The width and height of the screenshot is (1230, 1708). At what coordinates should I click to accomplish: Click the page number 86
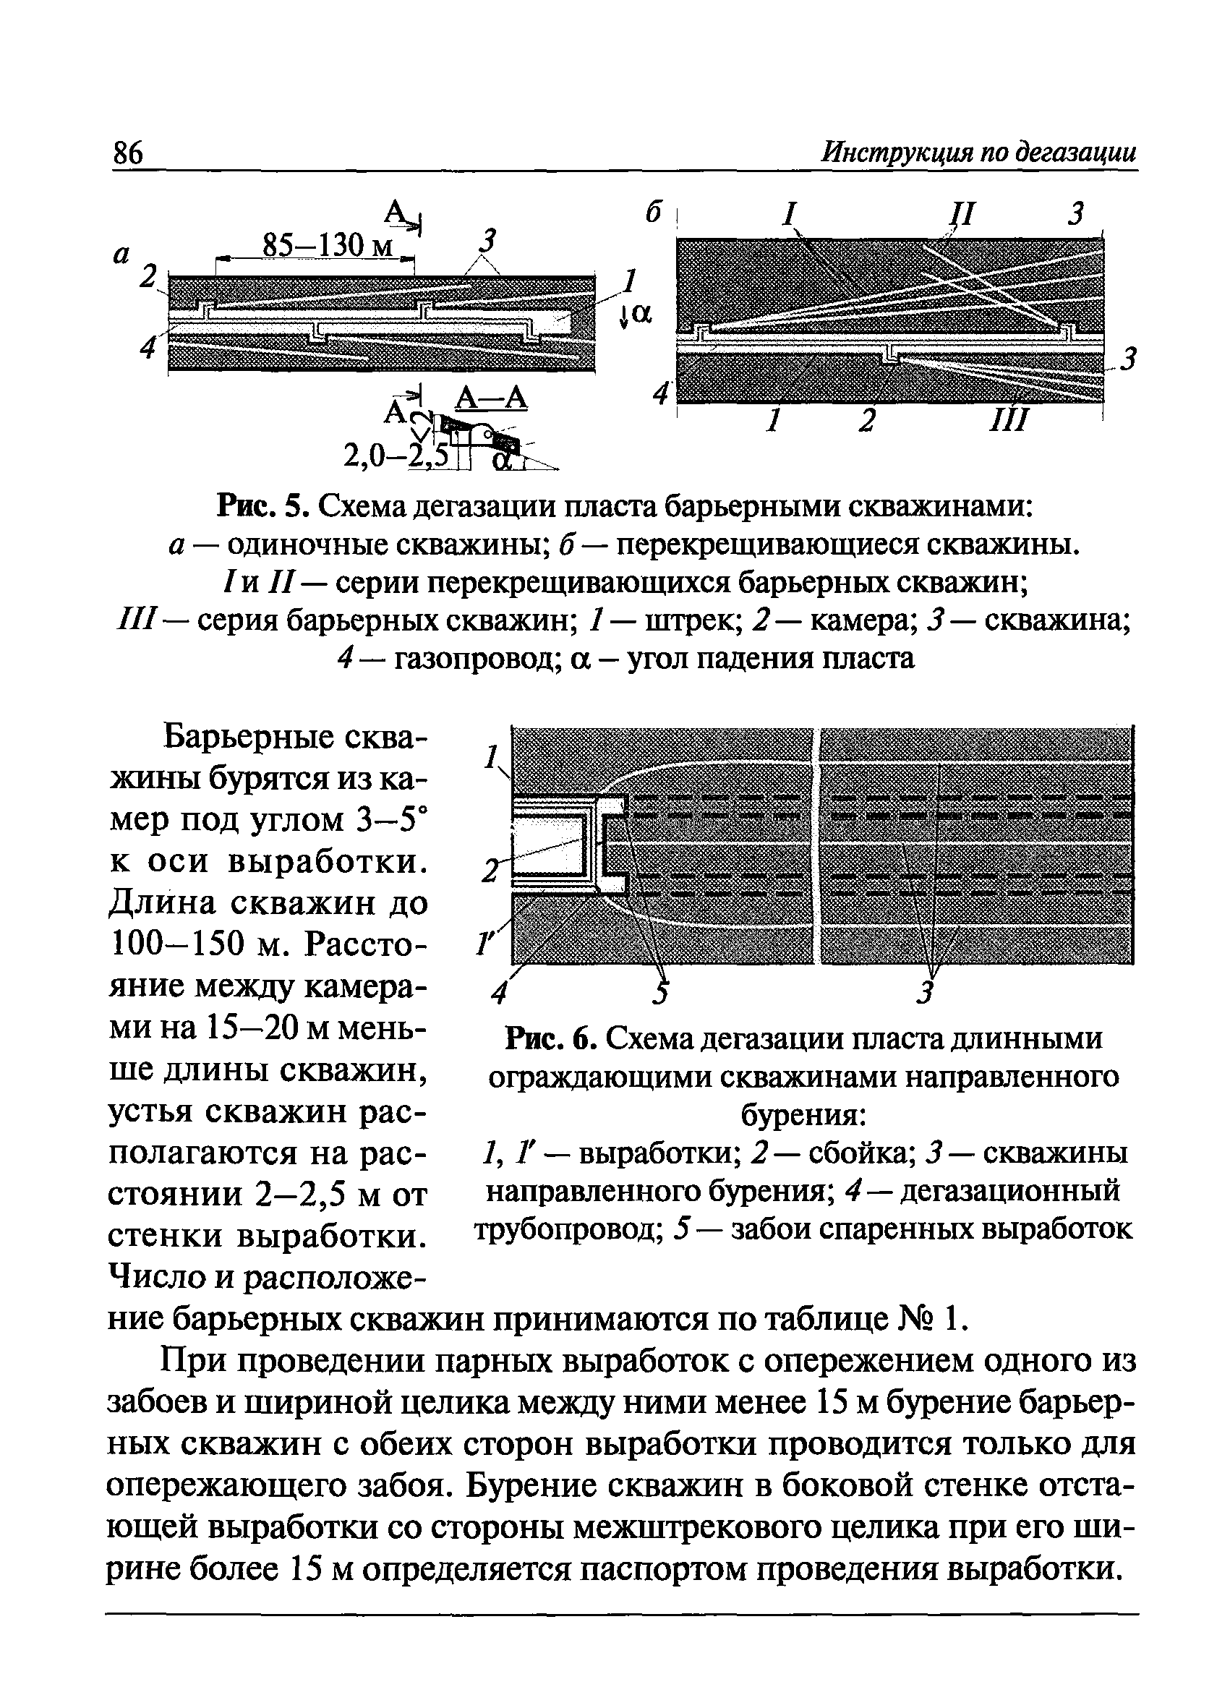pyautogui.click(x=127, y=153)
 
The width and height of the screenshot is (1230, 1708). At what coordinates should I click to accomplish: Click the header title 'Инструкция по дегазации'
pyautogui.click(x=978, y=153)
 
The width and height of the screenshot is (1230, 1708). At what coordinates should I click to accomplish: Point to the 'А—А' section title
pyautogui.click(x=491, y=398)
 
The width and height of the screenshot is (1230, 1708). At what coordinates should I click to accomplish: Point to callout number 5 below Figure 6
pyautogui.click(x=661, y=994)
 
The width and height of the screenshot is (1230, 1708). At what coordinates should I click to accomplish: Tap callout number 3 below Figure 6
pyautogui.click(x=927, y=994)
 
